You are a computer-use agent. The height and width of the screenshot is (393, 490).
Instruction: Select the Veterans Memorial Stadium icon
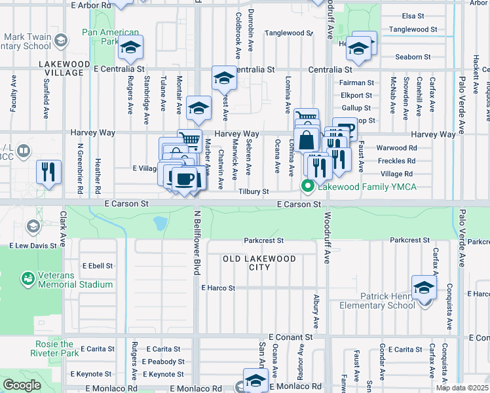[28, 279]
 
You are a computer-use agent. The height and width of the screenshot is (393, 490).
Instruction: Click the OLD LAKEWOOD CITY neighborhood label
[259, 263]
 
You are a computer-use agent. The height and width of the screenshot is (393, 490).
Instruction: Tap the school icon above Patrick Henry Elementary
[424, 287]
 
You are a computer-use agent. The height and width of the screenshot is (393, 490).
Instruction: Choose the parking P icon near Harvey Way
[345, 129]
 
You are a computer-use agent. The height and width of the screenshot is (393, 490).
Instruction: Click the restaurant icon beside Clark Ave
[48, 172]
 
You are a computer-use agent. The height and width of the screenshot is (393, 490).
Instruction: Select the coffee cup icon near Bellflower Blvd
[184, 179]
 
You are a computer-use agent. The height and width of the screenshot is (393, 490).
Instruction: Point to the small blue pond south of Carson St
[160, 224]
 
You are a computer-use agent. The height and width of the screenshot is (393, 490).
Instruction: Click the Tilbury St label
[254, 191]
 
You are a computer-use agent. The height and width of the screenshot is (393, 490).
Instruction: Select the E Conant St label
[290, 337]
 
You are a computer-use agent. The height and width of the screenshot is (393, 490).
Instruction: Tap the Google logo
[22, 385]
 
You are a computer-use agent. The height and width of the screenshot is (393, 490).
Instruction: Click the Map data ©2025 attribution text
[462, 388]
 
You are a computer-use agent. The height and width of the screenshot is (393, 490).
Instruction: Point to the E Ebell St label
[98, 266]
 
